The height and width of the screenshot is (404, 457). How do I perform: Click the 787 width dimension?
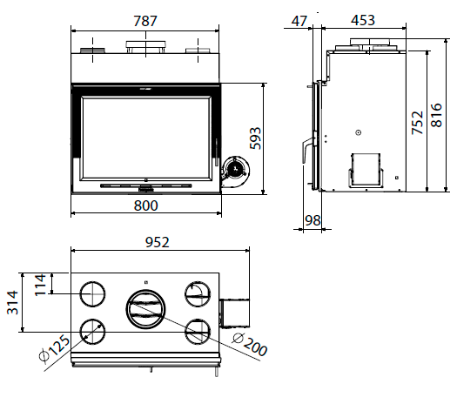pos(145,21)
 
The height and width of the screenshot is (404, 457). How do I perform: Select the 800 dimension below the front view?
pos(145,205)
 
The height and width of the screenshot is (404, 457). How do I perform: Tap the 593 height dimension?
pos(255,138)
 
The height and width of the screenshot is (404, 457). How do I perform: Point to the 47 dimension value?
pos(299,21)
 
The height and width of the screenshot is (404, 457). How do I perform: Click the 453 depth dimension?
pos(363,20)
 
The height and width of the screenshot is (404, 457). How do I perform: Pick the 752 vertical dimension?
pos(417,123)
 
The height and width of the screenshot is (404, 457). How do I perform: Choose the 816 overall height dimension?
pos(436,115)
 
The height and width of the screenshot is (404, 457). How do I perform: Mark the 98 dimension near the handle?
pos(313,220)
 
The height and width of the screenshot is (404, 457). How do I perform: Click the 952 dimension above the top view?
pos(157,242)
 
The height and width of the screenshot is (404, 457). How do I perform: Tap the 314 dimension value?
pos(12,302)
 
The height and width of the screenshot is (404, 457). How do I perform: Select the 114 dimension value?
pos(40,285)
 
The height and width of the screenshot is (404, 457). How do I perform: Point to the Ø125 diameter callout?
pos(55,349)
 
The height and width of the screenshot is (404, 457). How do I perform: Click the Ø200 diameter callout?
pos(250,345)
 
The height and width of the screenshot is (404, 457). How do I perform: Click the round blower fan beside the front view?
pos(235,169)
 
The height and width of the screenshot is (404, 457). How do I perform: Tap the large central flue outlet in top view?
pos(145,309)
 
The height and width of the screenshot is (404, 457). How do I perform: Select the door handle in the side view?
pos(307,148)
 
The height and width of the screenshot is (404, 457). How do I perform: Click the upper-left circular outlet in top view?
pos(92,294)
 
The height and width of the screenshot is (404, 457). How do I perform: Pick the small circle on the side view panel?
pos(358,132)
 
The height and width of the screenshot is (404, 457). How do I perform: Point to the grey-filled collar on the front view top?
pos(92,50)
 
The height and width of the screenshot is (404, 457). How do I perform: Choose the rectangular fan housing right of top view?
pos(234,313)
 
